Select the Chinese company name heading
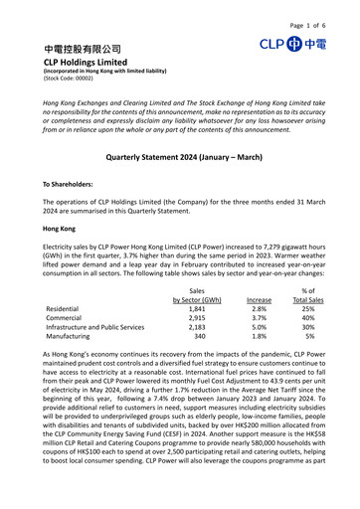83,49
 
